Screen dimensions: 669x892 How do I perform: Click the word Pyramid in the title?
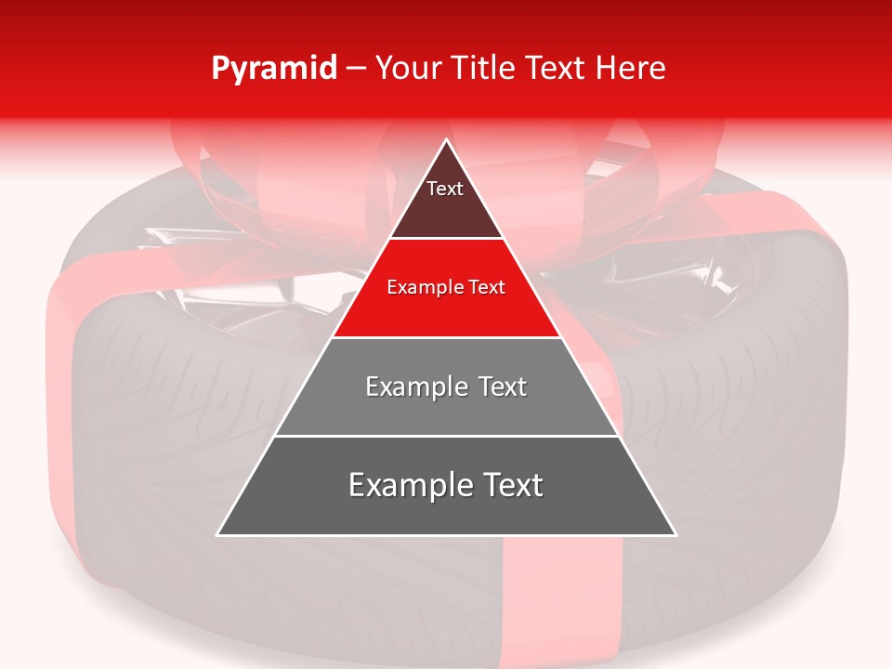pyautogui.click(x=274, y=69)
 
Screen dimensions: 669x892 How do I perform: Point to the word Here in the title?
pyautogui.click(x=631, y=69)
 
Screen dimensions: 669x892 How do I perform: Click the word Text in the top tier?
pyautogui.click(x=445, y=189)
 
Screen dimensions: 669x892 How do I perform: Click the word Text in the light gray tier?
pyautogui.click(x=496, y=387)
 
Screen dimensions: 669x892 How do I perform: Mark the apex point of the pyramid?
pyautogui.click(x=446, y=140)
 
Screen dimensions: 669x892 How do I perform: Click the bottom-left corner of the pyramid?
pyautogui.click(x=218, y=534)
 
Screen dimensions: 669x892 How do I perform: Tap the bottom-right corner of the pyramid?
pyautogui.click(x=675, y=534)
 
